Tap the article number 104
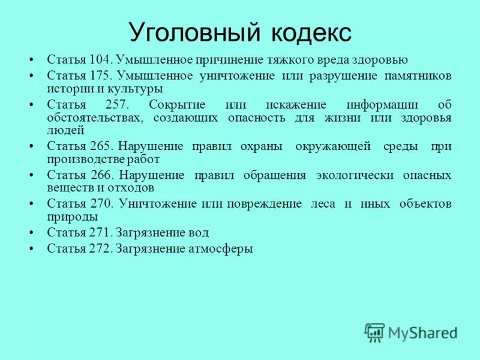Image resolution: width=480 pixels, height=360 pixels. (x=99, y=60)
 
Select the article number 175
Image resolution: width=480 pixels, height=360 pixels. (x=99, y=76)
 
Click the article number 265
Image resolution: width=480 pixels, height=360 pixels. (x=99, y=147)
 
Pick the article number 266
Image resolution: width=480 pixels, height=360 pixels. (x=99, y=175)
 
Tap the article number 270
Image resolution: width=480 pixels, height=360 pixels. (x=99, y=203)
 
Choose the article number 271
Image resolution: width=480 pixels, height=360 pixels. (x=99, y=232)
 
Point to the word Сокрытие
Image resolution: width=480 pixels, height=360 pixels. (x=178, y=104)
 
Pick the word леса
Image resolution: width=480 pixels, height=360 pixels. (x=323, y=203)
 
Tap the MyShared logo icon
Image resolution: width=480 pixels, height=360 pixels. (x=374, y=331)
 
